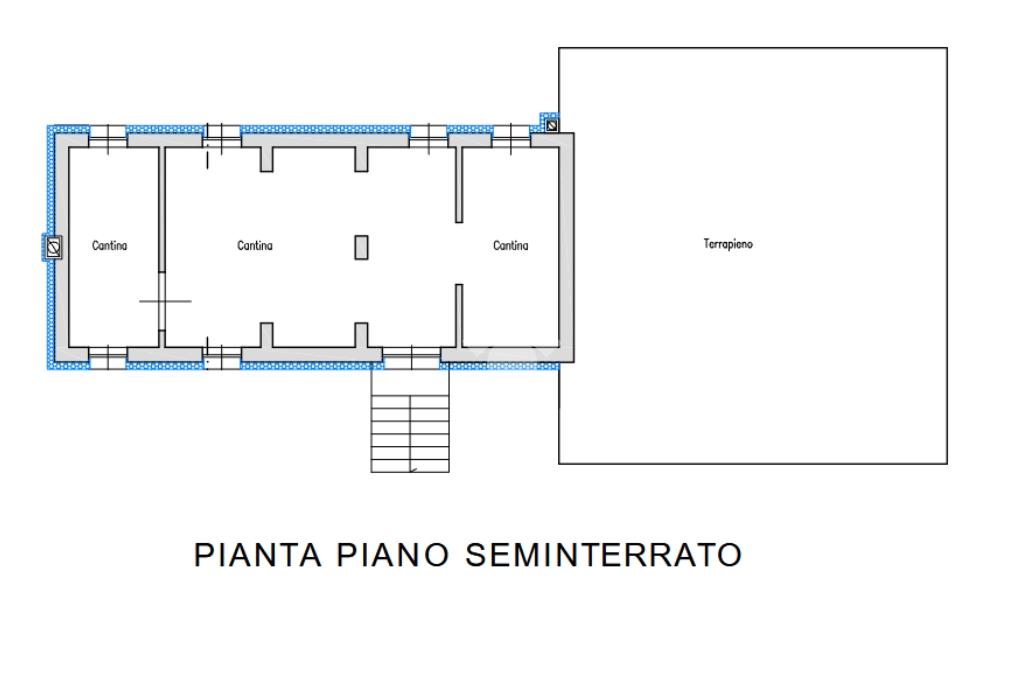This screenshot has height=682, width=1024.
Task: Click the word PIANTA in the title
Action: click(x=258, y=555)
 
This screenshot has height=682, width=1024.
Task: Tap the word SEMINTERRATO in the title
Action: click(x=603, y=555)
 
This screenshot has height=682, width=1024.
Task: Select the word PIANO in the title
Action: click(x=392, y=555)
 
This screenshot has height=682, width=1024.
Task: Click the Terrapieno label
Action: click(x=728, y=244)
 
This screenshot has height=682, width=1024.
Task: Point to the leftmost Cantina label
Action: click(x=110, y=246)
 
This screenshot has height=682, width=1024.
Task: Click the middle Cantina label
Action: click(x=255, y=246)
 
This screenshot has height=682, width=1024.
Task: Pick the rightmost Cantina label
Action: click(x=511, y=246)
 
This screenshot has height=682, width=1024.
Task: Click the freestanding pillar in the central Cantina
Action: click(x=361, y=248)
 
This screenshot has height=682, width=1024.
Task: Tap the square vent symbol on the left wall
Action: click(x=54, y=246)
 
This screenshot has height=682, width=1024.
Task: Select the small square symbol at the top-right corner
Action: click(x=552, y=124)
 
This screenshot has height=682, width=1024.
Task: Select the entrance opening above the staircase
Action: click(x=411, y=355)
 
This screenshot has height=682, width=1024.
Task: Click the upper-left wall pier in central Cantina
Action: click(x=266, y=159)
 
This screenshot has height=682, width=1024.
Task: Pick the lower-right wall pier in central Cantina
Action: click(x=361, y=334)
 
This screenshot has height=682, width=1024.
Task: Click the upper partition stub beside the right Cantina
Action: click(x=459, y=185)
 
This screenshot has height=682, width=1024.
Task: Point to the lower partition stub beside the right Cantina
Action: click(x=459, y=316)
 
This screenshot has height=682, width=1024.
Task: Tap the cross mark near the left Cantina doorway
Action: click(x=165, y=301)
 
